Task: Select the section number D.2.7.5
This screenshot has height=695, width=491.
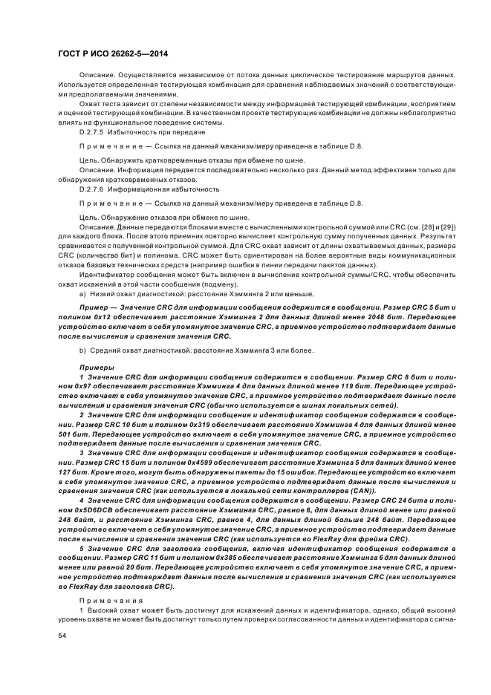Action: [x=94, y=131]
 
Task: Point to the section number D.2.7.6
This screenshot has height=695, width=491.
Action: [x=94, y=189]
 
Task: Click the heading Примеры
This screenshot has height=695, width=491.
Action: [x=97, y=368]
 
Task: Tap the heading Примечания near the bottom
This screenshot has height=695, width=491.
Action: [x=103, y=598]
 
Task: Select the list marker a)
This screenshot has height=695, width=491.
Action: [x=82, y=295]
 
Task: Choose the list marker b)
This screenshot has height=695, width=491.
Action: [x=82, y=350]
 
